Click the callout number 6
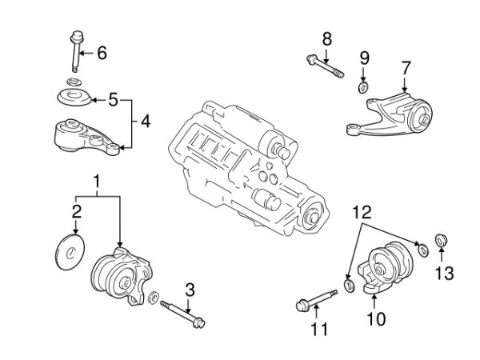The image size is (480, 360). [x=102, y=54]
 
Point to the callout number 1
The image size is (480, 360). [x=98, y=183]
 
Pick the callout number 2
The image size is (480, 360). [x=77, y=212]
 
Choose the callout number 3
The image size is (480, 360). [x=190, y=290]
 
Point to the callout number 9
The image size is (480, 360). [x=364, y=58]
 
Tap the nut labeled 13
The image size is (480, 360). [x=440, y=242]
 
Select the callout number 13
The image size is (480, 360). [x=443, y=274]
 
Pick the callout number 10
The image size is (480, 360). [x=375, y=319]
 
